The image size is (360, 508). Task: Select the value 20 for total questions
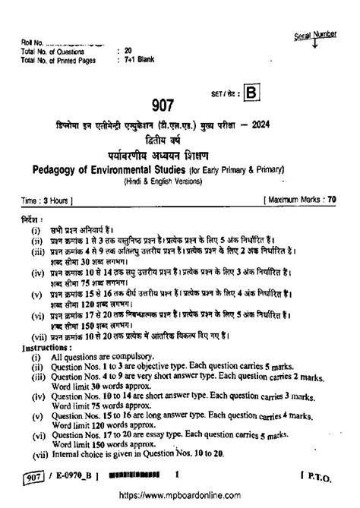[127, 50]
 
